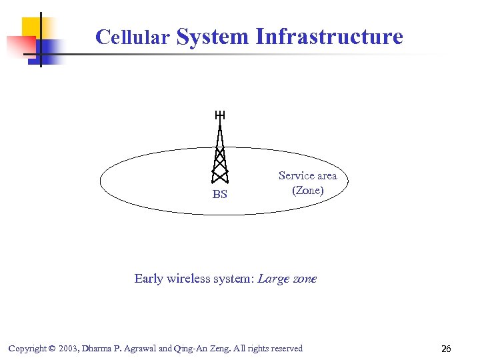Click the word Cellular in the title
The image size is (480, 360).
pos(132,37)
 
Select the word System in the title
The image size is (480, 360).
pos(212,36)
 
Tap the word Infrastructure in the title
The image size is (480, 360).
pos(329,36)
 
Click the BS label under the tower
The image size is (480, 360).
pos(219,195)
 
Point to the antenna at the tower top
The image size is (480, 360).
pos(220,115)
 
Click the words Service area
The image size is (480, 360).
pos(307,175)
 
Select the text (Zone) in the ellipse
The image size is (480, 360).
pos(307,190)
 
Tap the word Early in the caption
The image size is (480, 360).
pos(149,279)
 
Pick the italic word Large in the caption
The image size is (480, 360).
pos(273,279)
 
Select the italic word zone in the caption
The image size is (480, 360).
pos(305,279)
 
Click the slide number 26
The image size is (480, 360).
pos(446,349)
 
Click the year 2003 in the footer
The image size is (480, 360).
pos(69,349)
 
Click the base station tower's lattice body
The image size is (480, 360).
pos(220,160)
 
